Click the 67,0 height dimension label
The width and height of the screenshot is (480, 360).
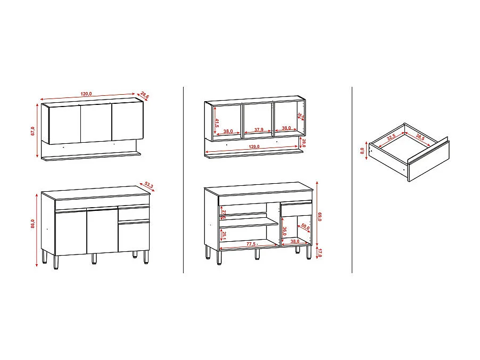tap(32, 131)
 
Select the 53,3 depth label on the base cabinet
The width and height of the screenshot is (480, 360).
tap(148, 186)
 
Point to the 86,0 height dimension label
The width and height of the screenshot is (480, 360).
tap(32, 224)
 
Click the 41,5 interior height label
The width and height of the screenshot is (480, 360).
tap(217, 122)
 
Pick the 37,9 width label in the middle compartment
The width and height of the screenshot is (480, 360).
tap(259, 130)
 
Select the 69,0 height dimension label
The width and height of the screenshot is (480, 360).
tap(319, 217)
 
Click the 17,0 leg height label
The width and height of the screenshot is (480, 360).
tap(319, 252)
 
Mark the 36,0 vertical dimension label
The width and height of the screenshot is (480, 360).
tap(285, 232)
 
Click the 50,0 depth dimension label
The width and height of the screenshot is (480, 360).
tap(304, 228)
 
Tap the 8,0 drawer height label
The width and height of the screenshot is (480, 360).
tap(362, 151)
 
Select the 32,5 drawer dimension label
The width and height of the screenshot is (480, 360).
tap(392, 137)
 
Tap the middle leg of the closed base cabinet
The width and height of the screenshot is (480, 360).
tap(94, 258)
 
